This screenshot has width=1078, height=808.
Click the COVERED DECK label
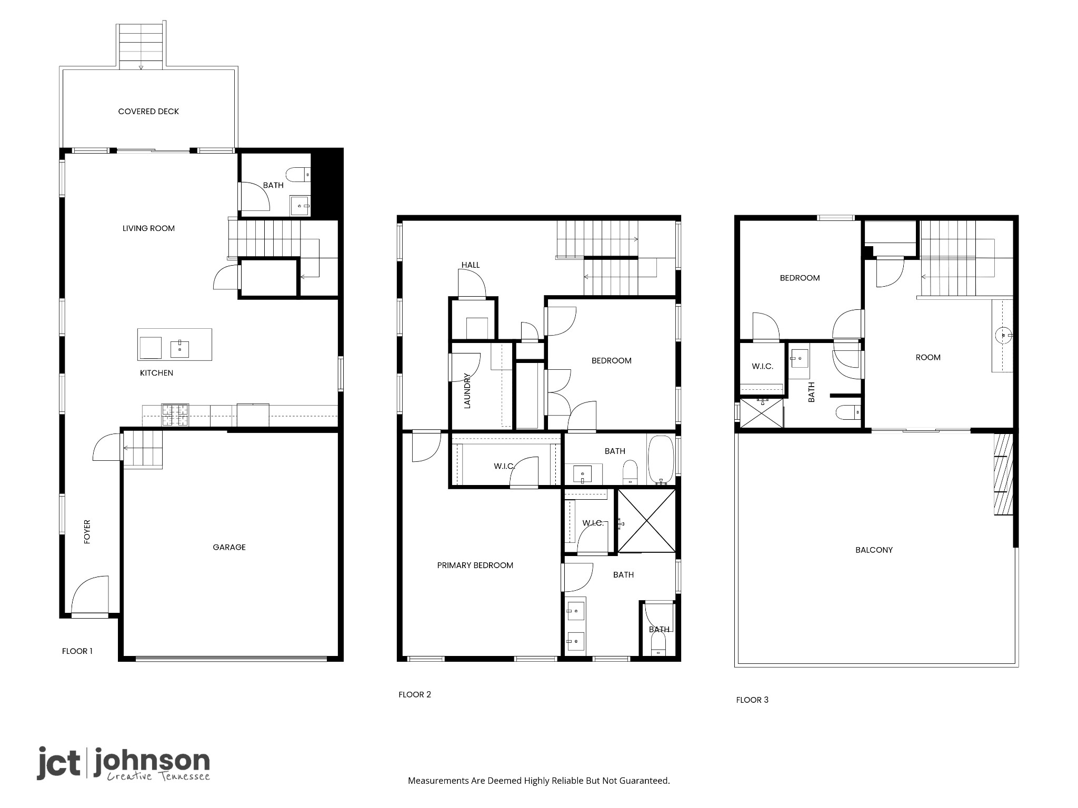pos(148,112)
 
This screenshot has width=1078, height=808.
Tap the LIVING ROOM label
pos(148,228)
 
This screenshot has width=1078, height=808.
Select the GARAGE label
pos(229,547)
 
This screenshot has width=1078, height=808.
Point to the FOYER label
pos(87,531)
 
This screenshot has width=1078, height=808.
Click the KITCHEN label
pos(156,373)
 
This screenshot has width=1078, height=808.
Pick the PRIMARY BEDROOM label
pos(475,565)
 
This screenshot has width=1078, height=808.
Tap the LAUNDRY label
pos(467,390)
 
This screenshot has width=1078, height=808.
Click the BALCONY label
pos(874,550)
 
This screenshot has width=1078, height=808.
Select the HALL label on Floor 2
pos(471,265)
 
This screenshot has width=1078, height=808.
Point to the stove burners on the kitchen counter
pos(175,415)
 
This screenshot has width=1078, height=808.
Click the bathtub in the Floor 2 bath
pos(660,459)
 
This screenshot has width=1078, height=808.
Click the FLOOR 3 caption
pos(752,700)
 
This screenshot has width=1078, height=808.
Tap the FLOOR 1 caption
pos(77,651)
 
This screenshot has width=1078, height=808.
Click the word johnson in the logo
pos(152,762)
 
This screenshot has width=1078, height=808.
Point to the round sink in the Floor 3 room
pos(1004,335)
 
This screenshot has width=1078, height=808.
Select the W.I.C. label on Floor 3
pos(762,366)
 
